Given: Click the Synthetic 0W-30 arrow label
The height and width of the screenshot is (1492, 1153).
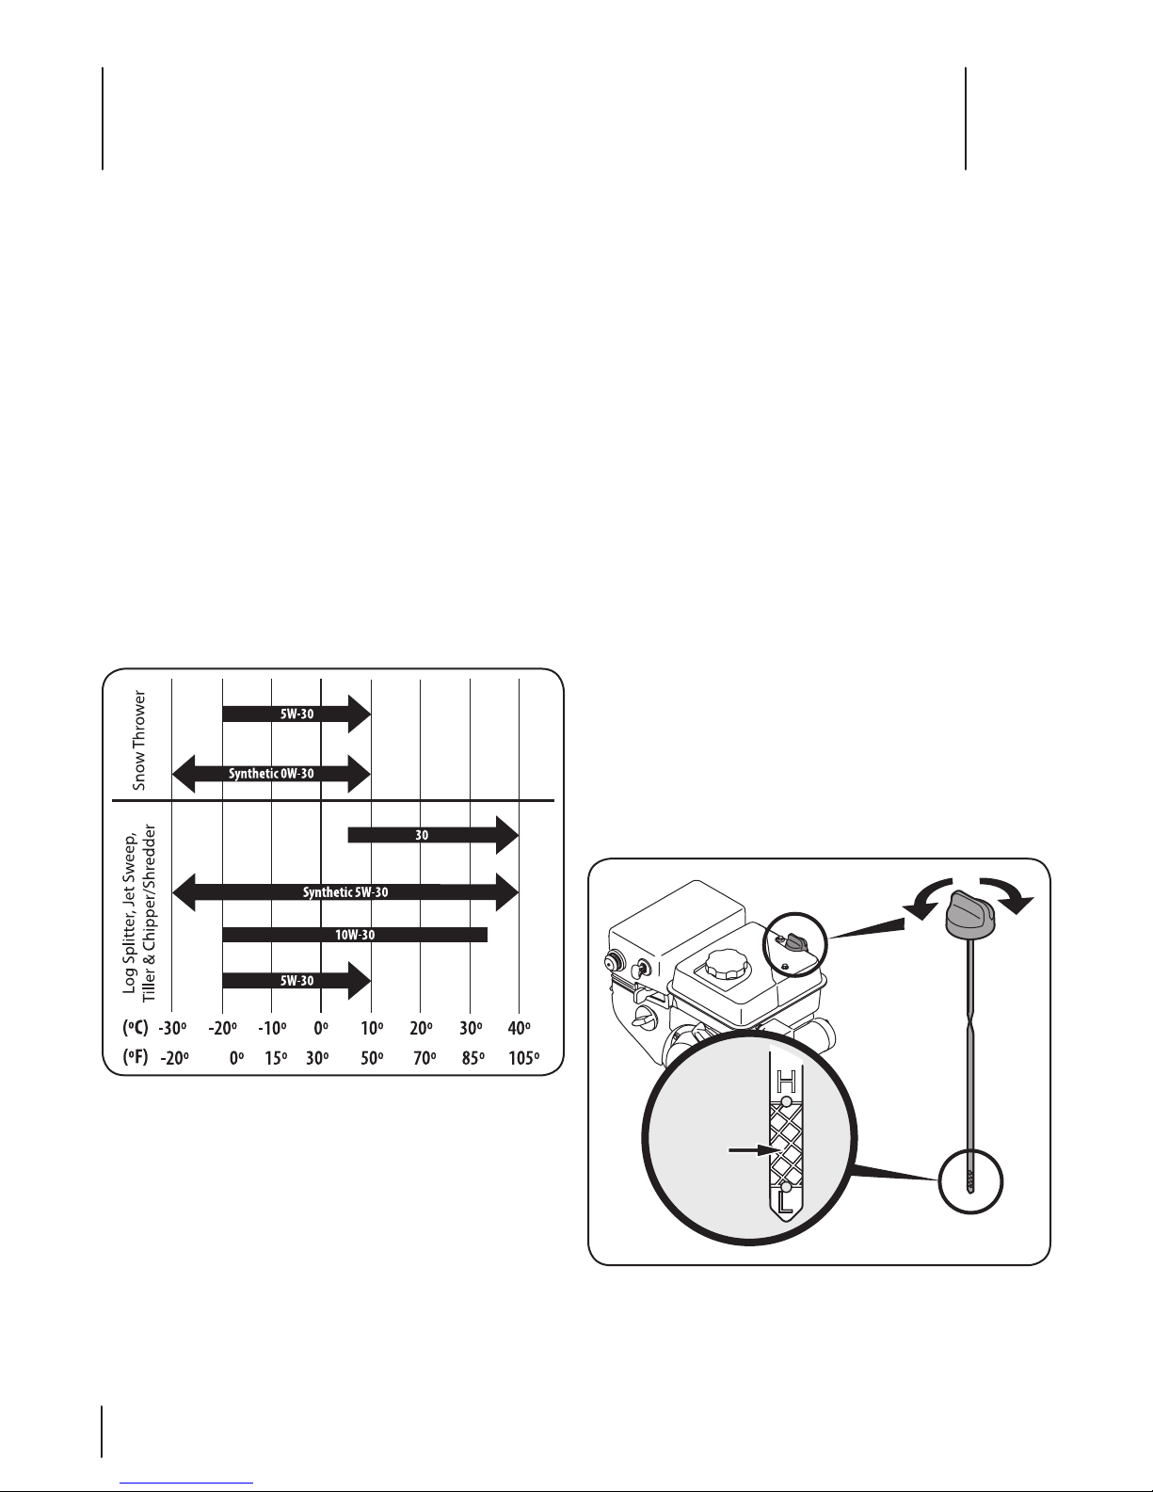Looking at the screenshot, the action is click(x=271, y=774).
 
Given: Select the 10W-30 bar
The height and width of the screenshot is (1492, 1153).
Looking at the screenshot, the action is click(x=355, y=935).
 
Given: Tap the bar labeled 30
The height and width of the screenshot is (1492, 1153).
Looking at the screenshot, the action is click(x=433, y=835).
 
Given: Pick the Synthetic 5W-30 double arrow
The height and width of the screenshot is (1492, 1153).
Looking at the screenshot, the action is click(x=345, y=892).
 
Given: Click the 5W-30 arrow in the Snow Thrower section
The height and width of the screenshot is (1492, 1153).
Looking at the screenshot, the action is click(x=296, y=714).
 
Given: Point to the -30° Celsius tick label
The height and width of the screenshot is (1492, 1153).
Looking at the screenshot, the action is click(x=172, y=1028).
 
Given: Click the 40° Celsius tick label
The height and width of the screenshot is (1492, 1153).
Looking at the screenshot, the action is click(x=519, y=1028).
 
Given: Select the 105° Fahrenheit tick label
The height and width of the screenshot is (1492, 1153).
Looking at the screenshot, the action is click(x=523, y=1058).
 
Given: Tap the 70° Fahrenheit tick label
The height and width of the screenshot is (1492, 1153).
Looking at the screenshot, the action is click(x=424, y=1058).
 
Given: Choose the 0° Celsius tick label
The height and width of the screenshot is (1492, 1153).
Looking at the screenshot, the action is click(x=321, y=1028).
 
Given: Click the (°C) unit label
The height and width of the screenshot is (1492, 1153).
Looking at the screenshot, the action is click(x=136, y=1028).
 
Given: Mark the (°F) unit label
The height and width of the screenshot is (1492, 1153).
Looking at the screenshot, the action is click(x=136, y=1057).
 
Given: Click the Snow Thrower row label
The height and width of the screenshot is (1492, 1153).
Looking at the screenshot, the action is click(x=139, y=740).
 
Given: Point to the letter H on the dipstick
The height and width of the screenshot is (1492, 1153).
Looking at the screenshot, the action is click(x=786, y=1083).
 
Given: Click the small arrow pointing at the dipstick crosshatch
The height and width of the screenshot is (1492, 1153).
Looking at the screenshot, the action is click(x=753, y=1149).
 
